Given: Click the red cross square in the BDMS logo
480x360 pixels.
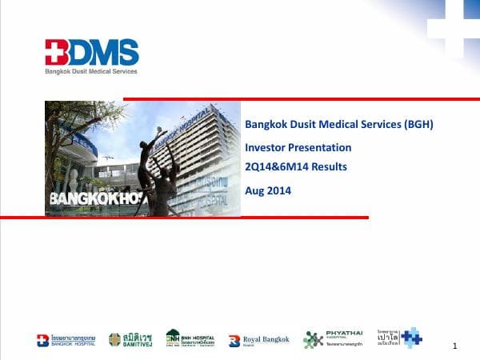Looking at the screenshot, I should pyautogui.click(x=55, y=54).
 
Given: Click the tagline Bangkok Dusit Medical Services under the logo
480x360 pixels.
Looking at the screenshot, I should pyautogui.click(x=90, y=71).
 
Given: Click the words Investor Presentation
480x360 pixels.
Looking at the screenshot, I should pyautogui.click(x=298, y=147).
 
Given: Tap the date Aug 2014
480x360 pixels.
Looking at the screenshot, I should pyautogui.click(x=268, y=190).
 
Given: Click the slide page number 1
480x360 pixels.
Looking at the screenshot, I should pyautogui.click(x=454, y=346).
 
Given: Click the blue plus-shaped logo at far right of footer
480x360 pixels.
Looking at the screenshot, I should pyautogui.click(x=411, y=338).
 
